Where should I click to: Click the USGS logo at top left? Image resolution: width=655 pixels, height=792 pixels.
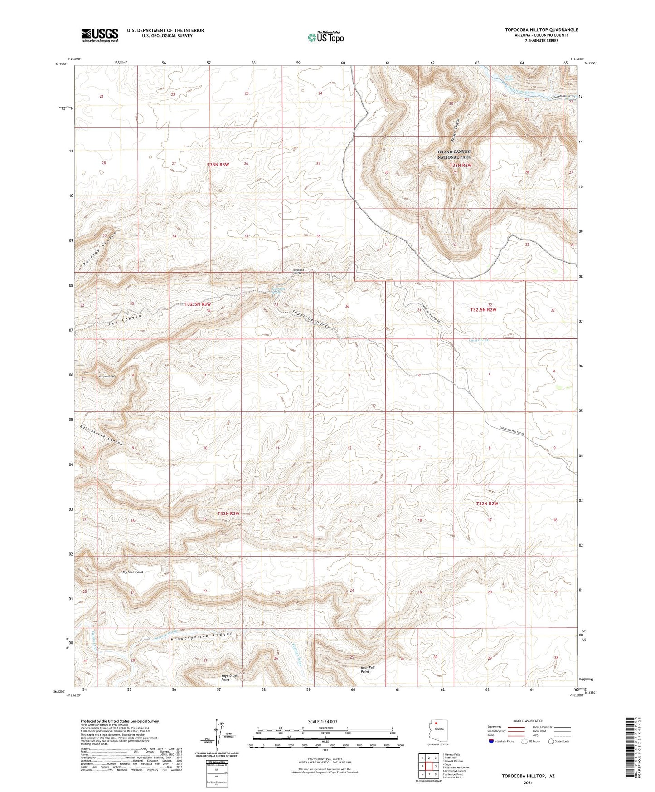coord(100,35)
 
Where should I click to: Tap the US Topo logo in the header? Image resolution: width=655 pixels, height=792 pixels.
coord(325,37)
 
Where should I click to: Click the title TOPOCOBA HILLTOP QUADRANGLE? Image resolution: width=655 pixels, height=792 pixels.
coord(542,30)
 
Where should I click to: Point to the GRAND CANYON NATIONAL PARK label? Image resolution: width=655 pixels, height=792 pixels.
coord(454,154)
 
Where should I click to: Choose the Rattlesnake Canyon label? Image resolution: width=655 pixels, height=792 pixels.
coord(102,435)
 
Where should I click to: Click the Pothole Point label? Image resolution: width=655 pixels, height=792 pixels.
coord(133,572)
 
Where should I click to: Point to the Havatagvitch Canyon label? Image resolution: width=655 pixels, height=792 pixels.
coord(202,636)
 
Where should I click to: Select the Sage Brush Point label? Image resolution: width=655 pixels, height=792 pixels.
coord(229,677)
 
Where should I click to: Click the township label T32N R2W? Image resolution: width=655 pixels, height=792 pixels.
coord(487,504)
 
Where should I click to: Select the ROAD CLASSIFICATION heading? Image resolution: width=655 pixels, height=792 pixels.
coord(528,721)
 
